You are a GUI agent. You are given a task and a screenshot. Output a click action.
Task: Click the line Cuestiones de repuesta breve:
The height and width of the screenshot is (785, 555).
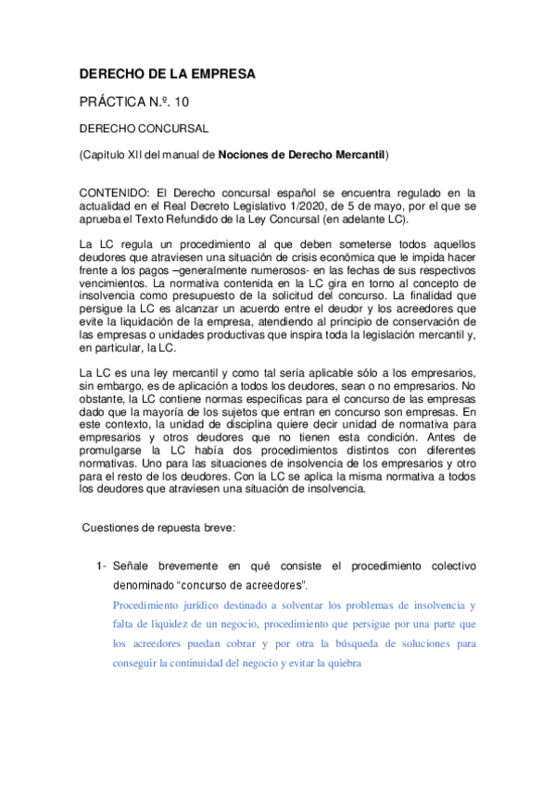click(x=159, y=527)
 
